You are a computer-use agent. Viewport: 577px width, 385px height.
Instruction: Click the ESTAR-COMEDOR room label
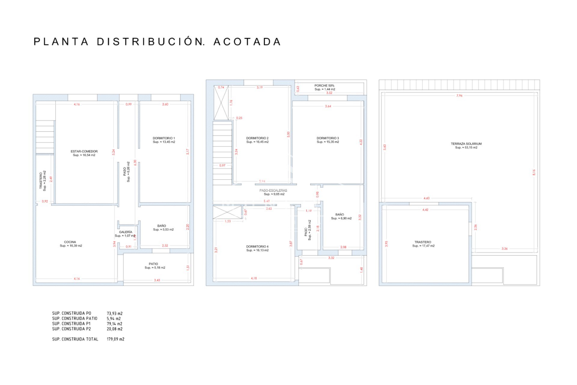84,151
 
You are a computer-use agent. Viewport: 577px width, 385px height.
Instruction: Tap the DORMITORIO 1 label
164,138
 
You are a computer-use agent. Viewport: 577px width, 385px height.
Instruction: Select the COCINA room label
70,242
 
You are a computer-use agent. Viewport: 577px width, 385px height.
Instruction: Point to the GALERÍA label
126,232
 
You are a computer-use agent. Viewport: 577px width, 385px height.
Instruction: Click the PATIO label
153,264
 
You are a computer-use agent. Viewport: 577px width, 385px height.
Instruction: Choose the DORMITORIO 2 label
257,138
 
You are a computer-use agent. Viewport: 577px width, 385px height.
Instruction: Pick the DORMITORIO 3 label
328,138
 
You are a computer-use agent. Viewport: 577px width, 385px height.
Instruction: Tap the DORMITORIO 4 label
257,246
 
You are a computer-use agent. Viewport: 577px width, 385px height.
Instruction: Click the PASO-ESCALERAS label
273,190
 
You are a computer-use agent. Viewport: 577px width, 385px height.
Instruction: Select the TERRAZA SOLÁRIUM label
466,144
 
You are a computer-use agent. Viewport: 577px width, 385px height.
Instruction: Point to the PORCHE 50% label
324,86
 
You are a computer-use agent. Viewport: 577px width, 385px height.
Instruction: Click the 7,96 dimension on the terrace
459,96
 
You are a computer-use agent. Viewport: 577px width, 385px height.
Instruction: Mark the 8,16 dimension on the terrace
534,172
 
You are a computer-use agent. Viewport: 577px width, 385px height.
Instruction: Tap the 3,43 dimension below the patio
157,280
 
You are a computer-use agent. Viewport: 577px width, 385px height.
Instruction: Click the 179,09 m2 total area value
115,339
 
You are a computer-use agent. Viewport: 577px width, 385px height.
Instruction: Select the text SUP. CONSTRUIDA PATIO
75,319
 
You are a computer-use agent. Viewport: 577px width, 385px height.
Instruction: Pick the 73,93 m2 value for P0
114,313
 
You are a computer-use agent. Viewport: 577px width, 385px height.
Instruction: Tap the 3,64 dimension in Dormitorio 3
328,106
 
